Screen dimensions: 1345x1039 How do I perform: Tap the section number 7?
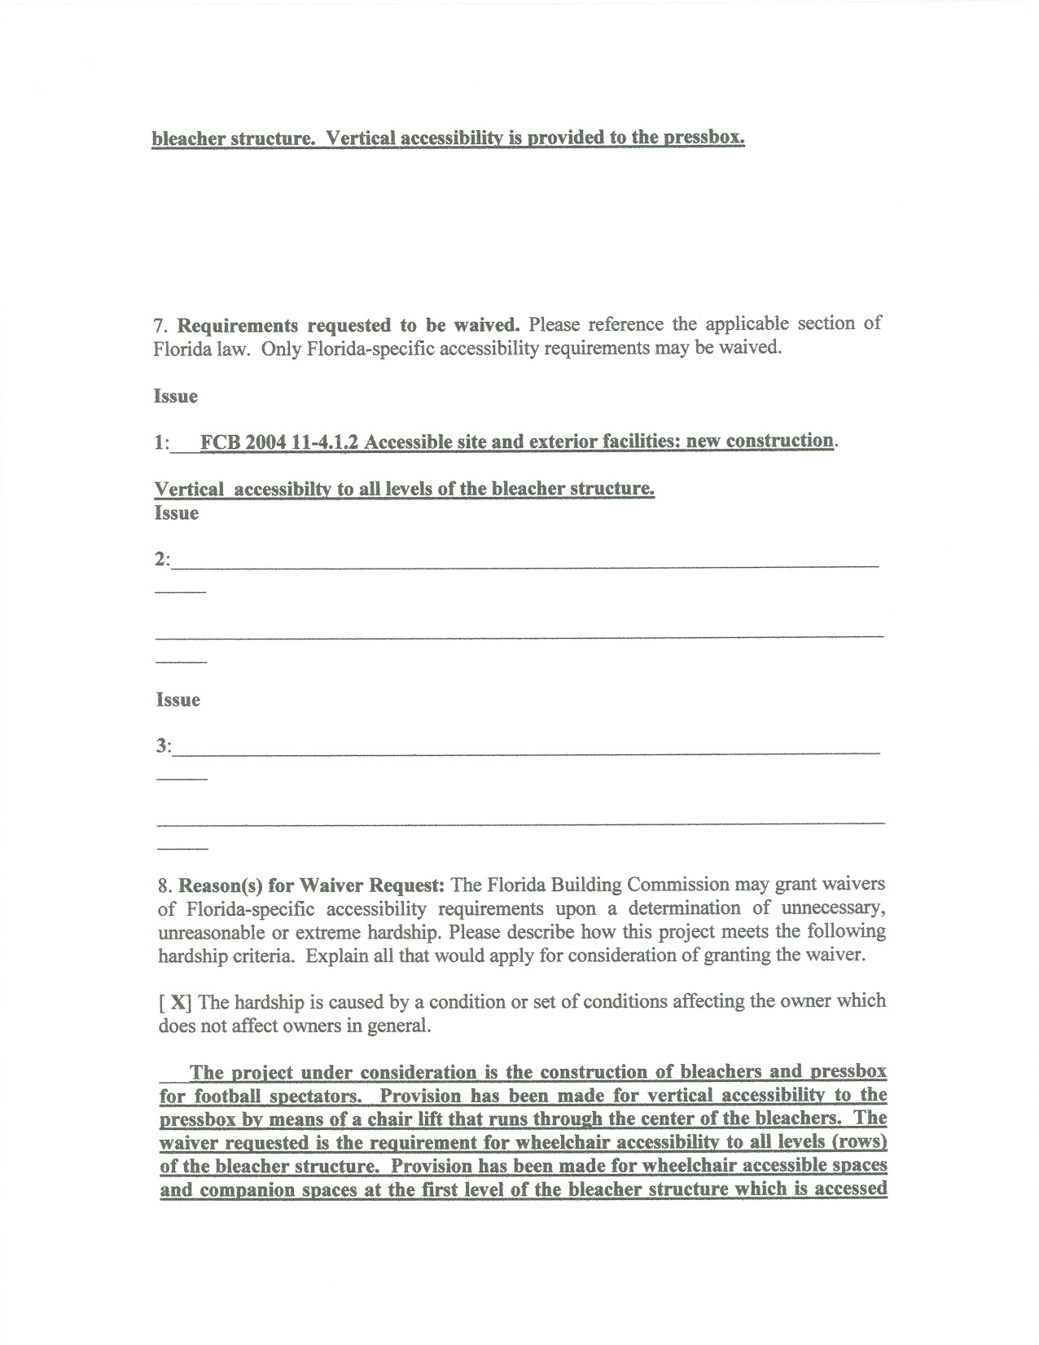(159, 326)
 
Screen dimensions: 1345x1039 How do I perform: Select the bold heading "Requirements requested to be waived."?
(349, 326)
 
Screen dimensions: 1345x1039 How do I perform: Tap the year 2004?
(266, 442)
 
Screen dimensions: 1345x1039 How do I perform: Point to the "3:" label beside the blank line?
(164, 746)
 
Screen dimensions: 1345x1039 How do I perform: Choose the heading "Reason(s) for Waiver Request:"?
(312, 886)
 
